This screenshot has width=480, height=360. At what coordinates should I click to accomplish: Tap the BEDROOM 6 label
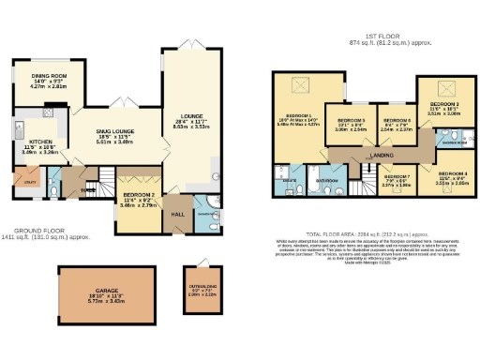pyautogui.click(x=398, y=121)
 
